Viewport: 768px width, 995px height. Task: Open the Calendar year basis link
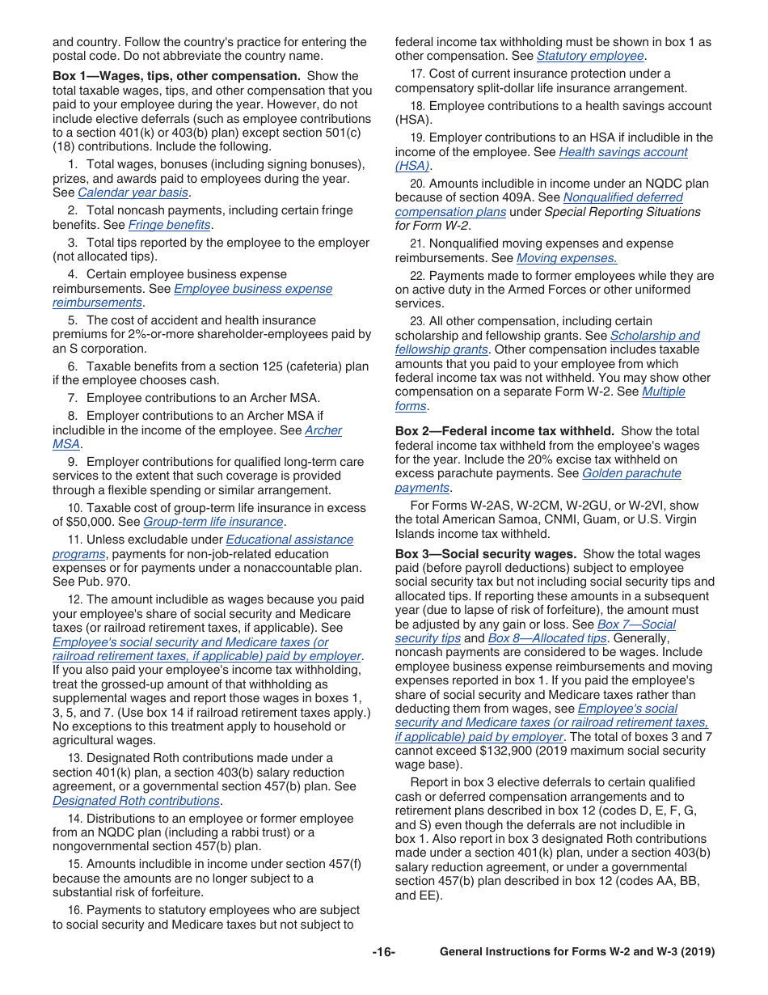click(x=133, y=193)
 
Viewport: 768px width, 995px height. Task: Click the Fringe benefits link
click(x=169, y=226)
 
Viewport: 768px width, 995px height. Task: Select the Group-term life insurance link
click(x=213, y=523)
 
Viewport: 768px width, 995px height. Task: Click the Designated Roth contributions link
click(x=136, y=801)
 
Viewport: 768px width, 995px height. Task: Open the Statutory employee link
click(x=590, y=57)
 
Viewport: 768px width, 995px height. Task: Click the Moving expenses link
click(x=567, y=258)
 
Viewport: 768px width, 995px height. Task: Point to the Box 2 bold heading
click(x=504, y=431)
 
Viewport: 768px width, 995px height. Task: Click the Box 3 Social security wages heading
click(x=485, y=554)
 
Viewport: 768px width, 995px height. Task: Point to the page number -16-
click(x=384, y=952)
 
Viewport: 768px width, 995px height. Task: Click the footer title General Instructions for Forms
click(x=577, y=952)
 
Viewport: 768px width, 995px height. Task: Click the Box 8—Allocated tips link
click(x=547, y=638)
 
